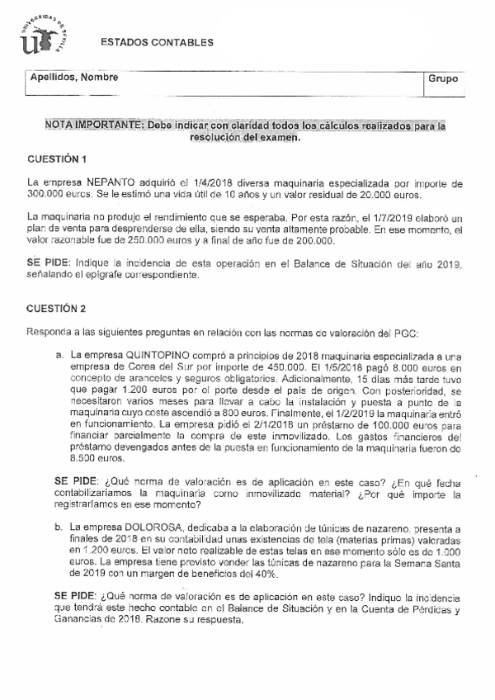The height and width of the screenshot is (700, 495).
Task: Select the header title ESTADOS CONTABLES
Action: (x=156, y=43)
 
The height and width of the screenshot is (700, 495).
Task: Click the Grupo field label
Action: (x=443, y=78)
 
